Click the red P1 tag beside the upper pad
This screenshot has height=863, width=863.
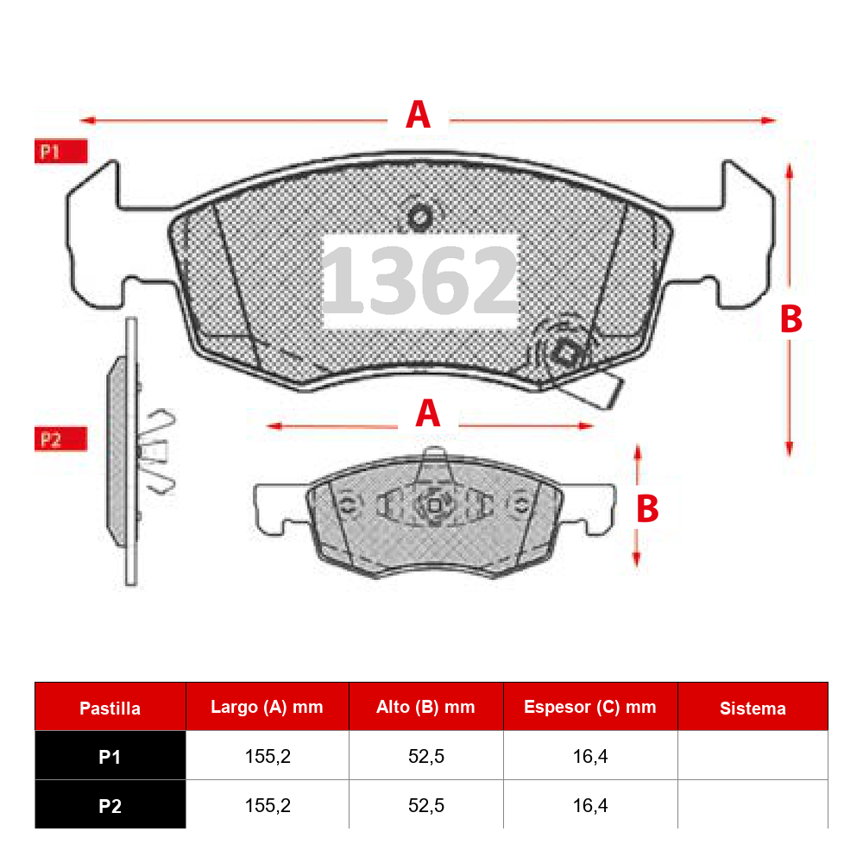pos(61,151)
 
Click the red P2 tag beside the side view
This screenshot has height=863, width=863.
pos(61,439)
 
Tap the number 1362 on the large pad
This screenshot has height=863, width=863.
pos(419,280)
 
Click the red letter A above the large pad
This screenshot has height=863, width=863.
pos(418,115)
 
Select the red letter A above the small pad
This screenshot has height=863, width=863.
pos(428,413)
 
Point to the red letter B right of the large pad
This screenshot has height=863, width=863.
pos(791,318)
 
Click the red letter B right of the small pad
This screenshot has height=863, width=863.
pos(647,508)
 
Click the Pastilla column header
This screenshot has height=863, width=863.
pos(110,709)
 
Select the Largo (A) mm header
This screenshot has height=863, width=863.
pos(267,708)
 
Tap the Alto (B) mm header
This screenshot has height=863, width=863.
pos(425,708)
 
